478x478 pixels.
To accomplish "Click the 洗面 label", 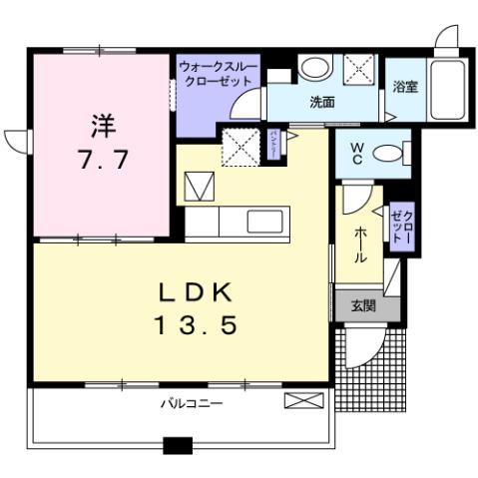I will pyautogui.click(x=319, y=101).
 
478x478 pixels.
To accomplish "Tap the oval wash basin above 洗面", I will pyautogui.click(x=315, y=68).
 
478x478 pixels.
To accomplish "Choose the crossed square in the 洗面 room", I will pyautogui.click(x=357, y=68).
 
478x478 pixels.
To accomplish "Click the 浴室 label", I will pyautogui.click(x=404, y=86).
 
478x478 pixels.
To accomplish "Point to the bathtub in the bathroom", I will pyautogui.click(x=453, y=86).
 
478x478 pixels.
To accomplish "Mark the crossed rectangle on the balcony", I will pyautogui.click(x=303, y=401).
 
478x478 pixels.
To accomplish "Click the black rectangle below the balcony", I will pyautogui.click(x=177, y=446).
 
